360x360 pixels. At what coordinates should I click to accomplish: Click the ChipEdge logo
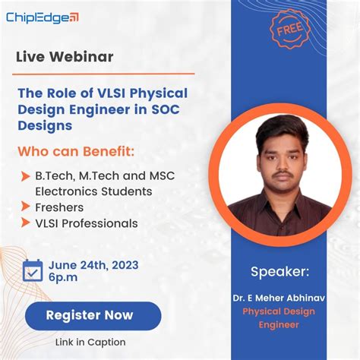coord(43,17)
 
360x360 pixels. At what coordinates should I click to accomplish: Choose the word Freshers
coord(59,207)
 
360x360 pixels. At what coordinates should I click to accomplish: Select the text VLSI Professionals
coord(87,223)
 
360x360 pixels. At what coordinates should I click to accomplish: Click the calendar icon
coord(33,270)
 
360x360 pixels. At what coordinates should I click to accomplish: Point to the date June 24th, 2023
coord(93,264)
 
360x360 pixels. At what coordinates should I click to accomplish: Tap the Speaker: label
coord(279,272)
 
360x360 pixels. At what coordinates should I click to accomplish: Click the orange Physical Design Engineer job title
coord(278,317)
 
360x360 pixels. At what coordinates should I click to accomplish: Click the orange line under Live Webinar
coord(106,74)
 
